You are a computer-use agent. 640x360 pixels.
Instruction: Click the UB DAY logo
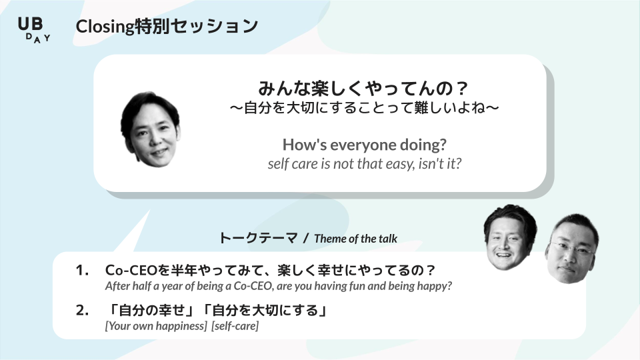34,30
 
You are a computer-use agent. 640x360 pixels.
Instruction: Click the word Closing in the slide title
105,27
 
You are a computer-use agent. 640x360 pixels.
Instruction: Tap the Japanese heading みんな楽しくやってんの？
363,88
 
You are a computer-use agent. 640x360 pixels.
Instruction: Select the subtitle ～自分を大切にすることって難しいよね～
364,108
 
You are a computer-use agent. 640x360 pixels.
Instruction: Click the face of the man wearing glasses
572,248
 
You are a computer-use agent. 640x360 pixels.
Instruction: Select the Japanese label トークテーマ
259,238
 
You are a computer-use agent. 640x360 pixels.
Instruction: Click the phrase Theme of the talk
355,239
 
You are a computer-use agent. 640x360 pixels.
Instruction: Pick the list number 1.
82,270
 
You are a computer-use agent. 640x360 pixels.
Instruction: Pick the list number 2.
82,310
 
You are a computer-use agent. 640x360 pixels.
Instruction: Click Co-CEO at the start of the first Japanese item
131,270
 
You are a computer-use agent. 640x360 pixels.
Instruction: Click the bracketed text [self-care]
235,326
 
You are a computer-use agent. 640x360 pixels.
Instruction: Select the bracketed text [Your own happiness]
156,326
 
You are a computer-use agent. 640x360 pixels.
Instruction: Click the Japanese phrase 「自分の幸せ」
152,311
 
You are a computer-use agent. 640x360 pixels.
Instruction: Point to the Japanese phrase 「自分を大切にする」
266,311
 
